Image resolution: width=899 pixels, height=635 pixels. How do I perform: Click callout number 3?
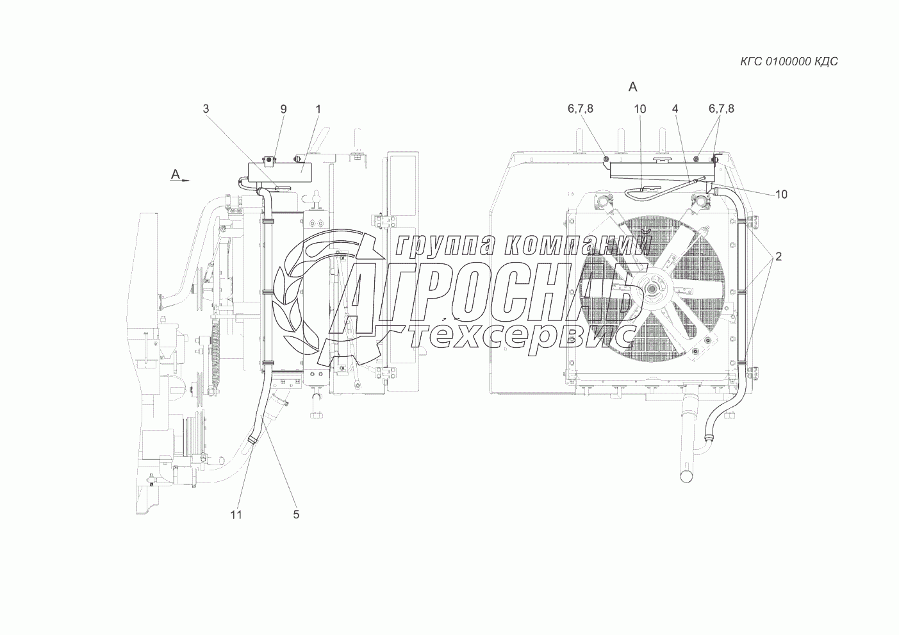coord(206,109)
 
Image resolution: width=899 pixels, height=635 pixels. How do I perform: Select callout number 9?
coord(284,109)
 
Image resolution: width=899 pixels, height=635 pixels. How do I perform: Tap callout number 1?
coord(318,109)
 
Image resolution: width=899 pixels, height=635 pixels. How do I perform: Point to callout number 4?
coord(675,109)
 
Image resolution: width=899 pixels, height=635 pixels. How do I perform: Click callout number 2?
coord(779,256)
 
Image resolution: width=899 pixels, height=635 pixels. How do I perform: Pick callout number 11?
coord(236,515)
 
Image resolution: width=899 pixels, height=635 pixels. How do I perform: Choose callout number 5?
coord(296,515)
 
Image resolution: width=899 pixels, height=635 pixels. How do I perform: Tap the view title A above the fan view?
coord(632,87)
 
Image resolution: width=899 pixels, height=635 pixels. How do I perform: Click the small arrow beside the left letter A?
coord(185,181)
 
